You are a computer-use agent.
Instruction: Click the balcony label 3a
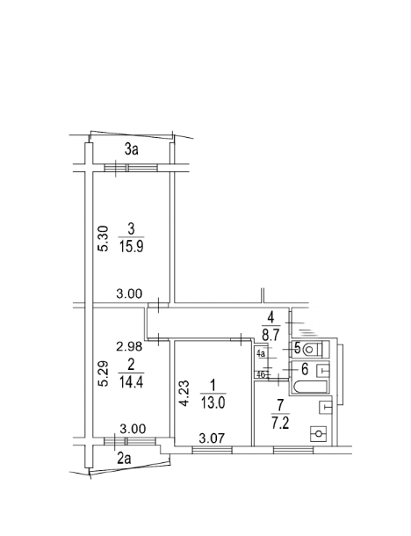click(131, 149)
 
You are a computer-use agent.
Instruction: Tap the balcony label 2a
click(124, 459)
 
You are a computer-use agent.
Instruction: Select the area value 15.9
click(131, 246)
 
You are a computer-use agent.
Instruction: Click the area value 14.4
click(131, 381)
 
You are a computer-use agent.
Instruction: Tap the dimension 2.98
click(129, 346)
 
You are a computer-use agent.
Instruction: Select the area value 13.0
click(213, 403)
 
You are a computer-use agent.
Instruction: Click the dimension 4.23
click(184, 394)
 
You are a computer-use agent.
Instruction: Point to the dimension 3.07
click(212, 438)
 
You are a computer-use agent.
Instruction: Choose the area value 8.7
click(271, 336)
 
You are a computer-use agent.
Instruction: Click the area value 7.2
click(280, 424)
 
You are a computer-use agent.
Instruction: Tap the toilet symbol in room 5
click(313, 350)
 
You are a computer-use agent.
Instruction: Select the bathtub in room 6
click(310, 387)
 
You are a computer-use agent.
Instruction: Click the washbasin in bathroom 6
click(323, 370)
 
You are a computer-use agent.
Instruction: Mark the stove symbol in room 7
click(319, 434)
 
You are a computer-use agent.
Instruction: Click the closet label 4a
click(261, 353)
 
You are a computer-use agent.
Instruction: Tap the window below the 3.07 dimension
click(213, 450)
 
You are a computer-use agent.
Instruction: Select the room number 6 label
click(305, 369)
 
